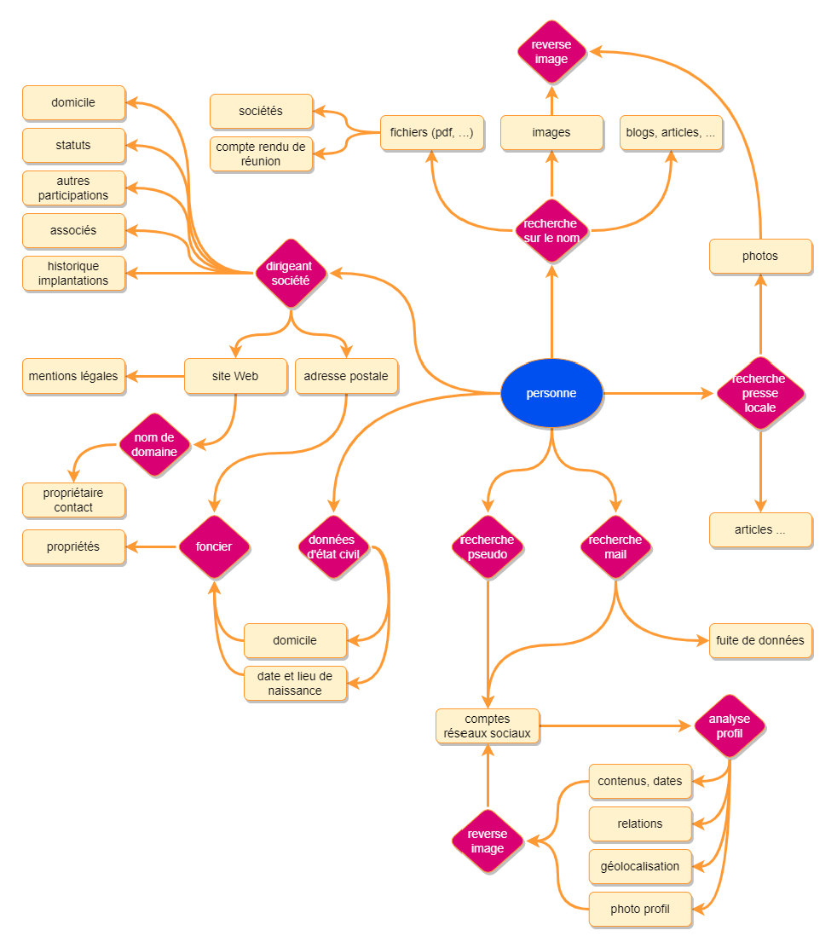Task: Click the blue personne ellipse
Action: (551, 393)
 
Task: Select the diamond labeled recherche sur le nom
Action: (551, 231)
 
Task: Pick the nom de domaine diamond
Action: (154, 444)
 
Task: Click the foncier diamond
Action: (213, 546)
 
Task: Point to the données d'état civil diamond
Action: (333, 546)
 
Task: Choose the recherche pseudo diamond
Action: (487, 546)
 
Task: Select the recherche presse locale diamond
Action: (759, 393)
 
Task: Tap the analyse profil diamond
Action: (730, 726)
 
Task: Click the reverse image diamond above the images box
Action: (551, 52)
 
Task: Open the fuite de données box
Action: (760, 640)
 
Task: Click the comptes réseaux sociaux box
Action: (487, 726)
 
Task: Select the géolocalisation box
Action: (640, 866)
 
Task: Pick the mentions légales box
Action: (73, 376)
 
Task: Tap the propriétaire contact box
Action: (73, 500)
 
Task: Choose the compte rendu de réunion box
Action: (261, 154)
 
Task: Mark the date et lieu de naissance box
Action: (295, 683)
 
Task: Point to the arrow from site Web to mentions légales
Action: (155, 376)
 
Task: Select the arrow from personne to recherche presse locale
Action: (656, 393)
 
